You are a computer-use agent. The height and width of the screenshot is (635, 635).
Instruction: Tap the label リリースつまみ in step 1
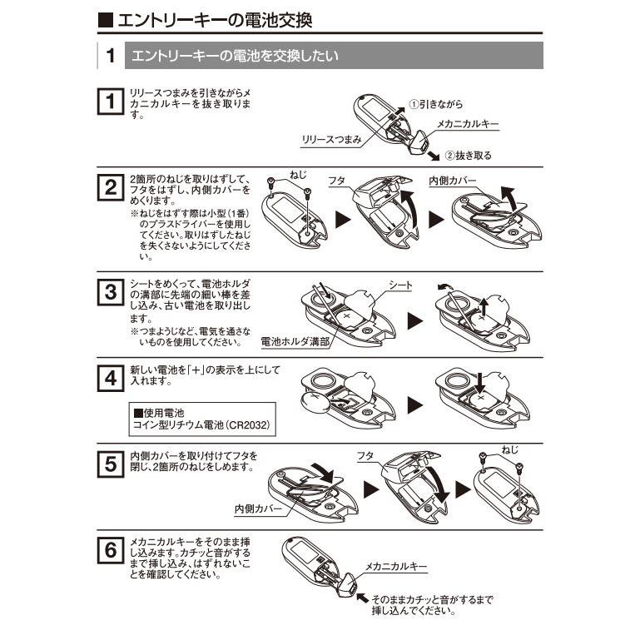click(331, 140)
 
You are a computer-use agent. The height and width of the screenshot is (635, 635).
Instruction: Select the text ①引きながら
click(435, 105)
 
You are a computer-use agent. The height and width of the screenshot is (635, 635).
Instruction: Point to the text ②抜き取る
click(468, 155)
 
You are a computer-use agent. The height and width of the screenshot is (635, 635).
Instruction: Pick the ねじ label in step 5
click(510, 450)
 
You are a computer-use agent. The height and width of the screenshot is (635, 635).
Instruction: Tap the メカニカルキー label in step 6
click(396, 566)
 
